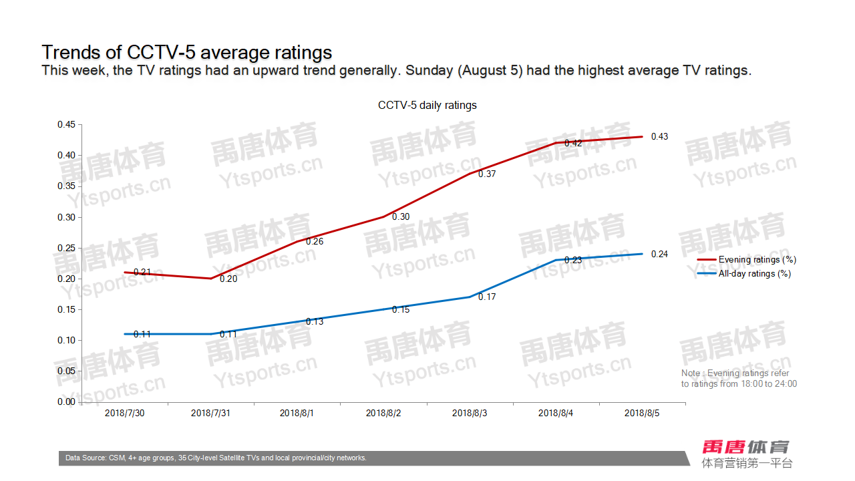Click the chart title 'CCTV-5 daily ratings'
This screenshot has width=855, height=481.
click(x=427, y=106)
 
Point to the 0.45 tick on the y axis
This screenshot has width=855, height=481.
click(x=66, y=124)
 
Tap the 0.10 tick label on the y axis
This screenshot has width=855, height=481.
click(x=66, y=340)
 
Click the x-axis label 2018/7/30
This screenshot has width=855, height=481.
click(x=125, y=414)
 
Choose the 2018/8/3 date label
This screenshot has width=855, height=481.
click(x=470, y=414)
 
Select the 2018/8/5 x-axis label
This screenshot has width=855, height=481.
click(x=642, y=414)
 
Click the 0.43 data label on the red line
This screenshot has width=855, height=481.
click(x=659, y=137)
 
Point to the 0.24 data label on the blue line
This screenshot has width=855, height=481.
click(x=659, y=255)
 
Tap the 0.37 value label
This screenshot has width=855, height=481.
click(x=488, y=174)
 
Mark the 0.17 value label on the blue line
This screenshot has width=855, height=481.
click(x=488, y=297)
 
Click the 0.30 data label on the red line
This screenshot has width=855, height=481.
click(x=401, y=217)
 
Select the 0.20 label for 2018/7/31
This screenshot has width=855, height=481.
click(x=228, y=279)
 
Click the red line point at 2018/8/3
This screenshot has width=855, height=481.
click(x=470, y=174)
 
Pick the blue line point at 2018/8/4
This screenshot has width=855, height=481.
click(x=556, y=260)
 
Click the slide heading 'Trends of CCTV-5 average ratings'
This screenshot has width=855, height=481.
click(x=187, y=52)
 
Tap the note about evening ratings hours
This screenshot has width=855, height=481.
click(x=739, y=379)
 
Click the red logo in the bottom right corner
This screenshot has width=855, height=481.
click(x=745, y=447)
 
